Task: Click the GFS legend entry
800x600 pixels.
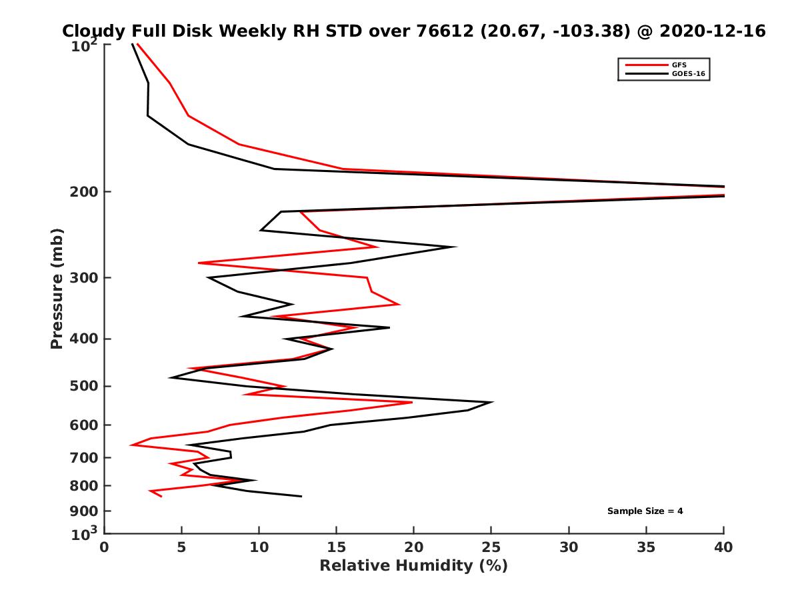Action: [x=679, y=65]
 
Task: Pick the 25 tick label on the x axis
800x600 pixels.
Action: [x=491, y=548]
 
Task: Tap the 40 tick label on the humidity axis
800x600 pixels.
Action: [x=723, y=548]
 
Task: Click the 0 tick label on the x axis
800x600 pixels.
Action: [x=105, y=548]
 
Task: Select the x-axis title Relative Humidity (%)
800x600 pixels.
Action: [x=413, y=566]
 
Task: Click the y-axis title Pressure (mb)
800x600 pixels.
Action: [x=57, y=289]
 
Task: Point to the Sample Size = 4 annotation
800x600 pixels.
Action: [x=645, y=511]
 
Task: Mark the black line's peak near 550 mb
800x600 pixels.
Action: [x=492, y=402]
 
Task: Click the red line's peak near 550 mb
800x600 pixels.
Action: [x=412, y=402]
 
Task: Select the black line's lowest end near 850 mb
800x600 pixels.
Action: [x=301, y=496]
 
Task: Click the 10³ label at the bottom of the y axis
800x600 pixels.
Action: [x=85, y=533]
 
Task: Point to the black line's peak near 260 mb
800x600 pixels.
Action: [x=456, y=247]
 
